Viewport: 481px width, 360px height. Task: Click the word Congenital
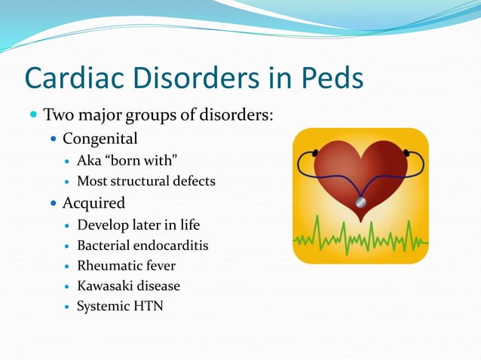100,139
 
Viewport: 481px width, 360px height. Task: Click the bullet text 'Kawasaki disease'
128,286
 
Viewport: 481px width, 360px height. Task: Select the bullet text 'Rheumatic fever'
126,266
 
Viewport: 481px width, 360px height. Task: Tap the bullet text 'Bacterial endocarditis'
142,246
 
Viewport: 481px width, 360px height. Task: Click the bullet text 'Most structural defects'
146,181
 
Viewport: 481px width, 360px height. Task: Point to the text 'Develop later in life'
139,225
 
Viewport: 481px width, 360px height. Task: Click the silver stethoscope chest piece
361,203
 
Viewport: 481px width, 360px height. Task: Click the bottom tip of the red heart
360,221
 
